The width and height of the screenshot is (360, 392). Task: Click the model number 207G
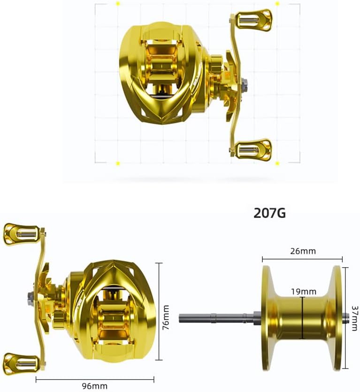[269, 213]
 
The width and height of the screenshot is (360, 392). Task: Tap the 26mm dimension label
[303, 251]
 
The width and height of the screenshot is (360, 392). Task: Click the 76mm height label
[165, 318]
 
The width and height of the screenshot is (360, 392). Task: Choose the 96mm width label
[95, 386]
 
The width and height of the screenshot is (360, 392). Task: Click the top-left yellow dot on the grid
[117, 4]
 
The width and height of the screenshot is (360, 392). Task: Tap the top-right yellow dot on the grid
[277, 4]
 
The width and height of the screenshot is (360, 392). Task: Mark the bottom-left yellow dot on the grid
[117, 163]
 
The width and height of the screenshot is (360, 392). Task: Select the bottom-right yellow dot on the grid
[277, 163]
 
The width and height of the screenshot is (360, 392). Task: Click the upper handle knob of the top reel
[253, 20]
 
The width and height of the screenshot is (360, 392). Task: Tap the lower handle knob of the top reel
[253, 150]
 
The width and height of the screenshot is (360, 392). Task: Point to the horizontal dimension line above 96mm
[95, 379]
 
